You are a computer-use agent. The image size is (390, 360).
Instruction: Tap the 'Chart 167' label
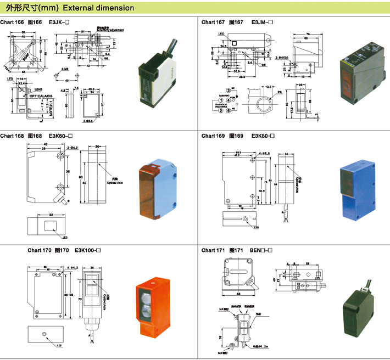(x=213, y=22)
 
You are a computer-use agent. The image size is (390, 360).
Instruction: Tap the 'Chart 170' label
(x=40, y=250)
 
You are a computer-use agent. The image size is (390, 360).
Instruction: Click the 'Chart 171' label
(x=213, y=250)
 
